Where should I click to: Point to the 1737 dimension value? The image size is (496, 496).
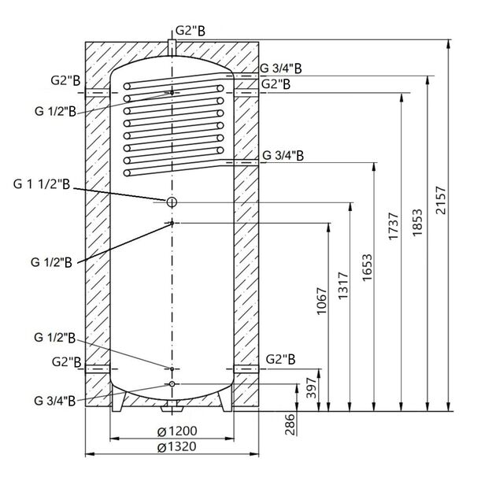394,229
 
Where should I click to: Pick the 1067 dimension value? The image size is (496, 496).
321,300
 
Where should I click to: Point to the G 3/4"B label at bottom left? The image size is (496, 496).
55,400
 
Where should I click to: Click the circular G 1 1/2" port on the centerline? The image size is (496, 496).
171,202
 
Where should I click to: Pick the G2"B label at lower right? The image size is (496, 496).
281,360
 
